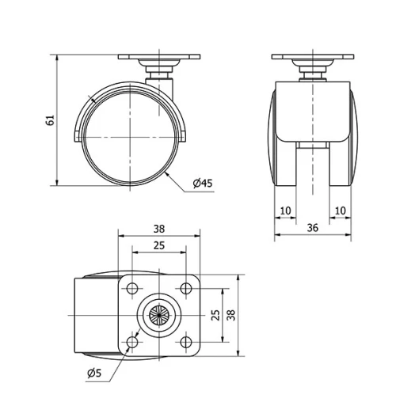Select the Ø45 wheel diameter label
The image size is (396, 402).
pos(203,184)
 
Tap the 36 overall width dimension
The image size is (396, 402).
pos(312,227)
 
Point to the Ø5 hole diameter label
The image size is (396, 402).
pos(93,372)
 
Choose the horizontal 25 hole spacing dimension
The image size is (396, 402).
pos(158,246)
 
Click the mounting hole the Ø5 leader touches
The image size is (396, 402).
pos(131,341)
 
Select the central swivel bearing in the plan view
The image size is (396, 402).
pos(158,315)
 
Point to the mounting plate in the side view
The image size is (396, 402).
pos(158,59)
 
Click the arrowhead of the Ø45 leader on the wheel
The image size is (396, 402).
pos(169,169)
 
